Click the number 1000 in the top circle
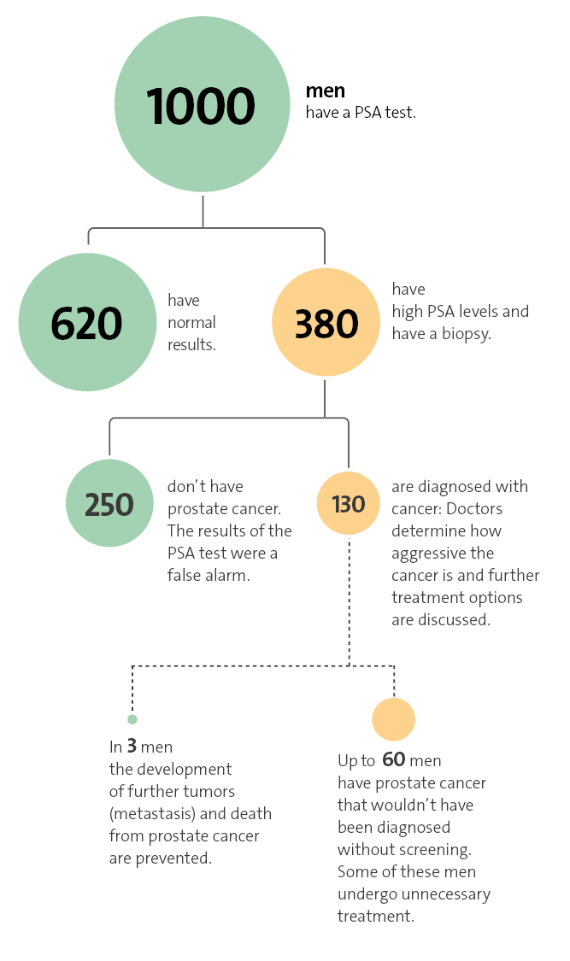(202, 107)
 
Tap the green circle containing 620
(86, 323)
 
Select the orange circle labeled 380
(326, 323)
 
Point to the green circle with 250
(109, 504)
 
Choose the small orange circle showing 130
(349, 504)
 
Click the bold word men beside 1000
(326, 90)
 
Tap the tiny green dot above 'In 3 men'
(132, 719)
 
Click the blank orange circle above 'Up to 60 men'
(394, 719)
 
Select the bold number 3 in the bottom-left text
(132, 747)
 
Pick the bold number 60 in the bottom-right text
(393, 760)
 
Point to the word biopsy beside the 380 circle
(467, 334)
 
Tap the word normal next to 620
(191, 323)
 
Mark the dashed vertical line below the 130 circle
(349, 598)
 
